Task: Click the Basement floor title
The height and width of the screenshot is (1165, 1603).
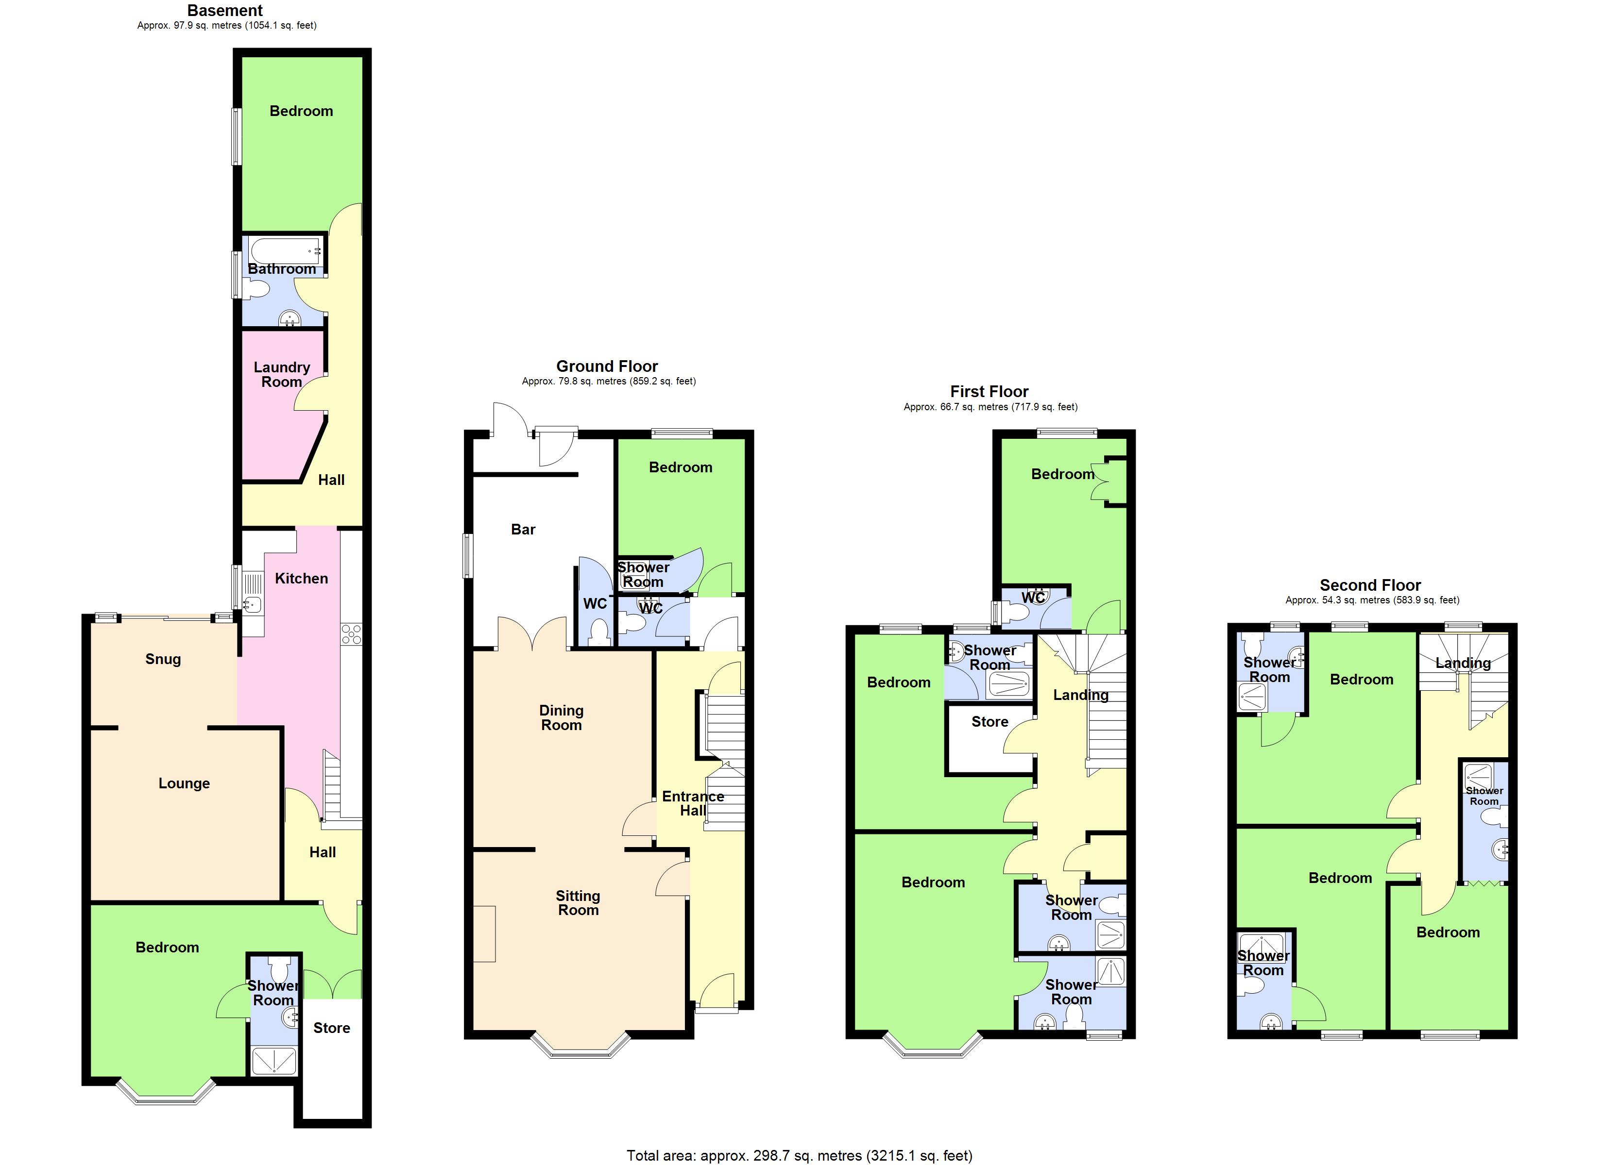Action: pos(225,11)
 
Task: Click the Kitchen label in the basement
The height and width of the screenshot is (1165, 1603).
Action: pos(301,579)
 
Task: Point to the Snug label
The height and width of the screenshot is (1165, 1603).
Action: pos(163,659)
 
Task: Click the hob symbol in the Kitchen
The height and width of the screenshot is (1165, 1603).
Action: pos(351,634)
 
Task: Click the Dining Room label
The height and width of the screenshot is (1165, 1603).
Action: pos(561,718)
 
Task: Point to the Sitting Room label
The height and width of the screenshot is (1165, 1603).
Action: pos(578,903)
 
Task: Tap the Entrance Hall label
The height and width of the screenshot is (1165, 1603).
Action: pos(693,803)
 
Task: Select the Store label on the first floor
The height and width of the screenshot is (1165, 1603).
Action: pos(989,722)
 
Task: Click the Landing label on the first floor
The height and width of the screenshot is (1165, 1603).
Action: pos(1081,695)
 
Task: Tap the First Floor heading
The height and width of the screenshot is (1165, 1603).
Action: pos(989,391)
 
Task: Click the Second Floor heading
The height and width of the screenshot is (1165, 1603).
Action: pos(1370,585)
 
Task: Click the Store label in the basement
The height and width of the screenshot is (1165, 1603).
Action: pos(331,1028)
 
